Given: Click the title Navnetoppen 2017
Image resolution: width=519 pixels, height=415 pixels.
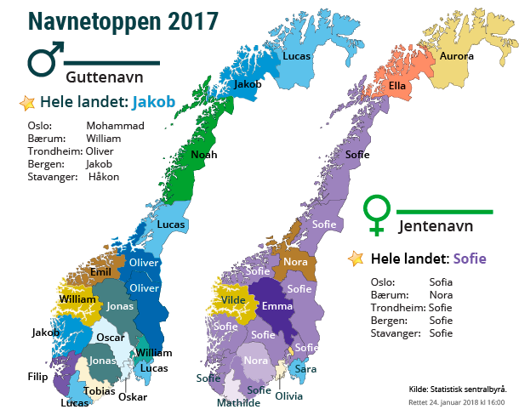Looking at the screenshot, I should pos(122,20).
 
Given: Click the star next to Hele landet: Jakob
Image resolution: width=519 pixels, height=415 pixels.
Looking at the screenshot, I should pos(27,103).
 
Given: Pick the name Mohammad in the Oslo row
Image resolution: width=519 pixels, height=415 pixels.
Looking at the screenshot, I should pos(115,125).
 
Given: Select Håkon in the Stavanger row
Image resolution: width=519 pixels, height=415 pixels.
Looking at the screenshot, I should pos(104,177).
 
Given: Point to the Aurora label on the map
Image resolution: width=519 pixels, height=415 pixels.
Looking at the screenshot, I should pos(456,56).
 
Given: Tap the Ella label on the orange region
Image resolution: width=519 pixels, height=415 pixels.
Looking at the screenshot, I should pos(397,86).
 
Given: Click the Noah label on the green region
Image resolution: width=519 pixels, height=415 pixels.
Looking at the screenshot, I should pos(204,155).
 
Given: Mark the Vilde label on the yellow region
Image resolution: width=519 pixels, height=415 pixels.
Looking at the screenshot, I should pos(233,300).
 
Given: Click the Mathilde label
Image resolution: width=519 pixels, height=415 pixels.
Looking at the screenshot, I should pos(239,403).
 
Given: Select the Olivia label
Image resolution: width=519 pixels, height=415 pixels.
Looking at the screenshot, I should pos(288,396).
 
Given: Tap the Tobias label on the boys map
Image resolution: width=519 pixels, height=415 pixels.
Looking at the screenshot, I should pos(100,391).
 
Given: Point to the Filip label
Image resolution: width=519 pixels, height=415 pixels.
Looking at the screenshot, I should pos(37,376).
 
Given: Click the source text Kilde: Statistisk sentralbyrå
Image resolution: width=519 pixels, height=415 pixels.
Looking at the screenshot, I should pos(458,389).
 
